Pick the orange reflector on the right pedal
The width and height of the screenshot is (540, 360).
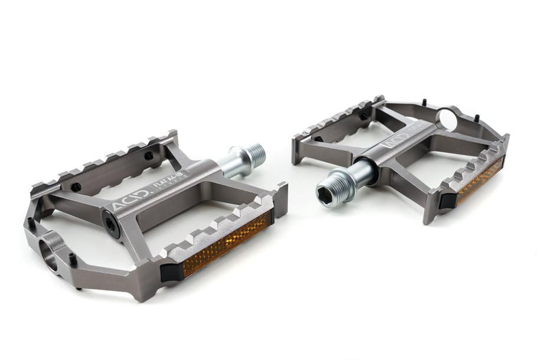click(x=480, y=181)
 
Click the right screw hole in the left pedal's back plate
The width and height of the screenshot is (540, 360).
click(x=148, y=156)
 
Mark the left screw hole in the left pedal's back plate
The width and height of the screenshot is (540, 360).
click(x=76, y=187)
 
